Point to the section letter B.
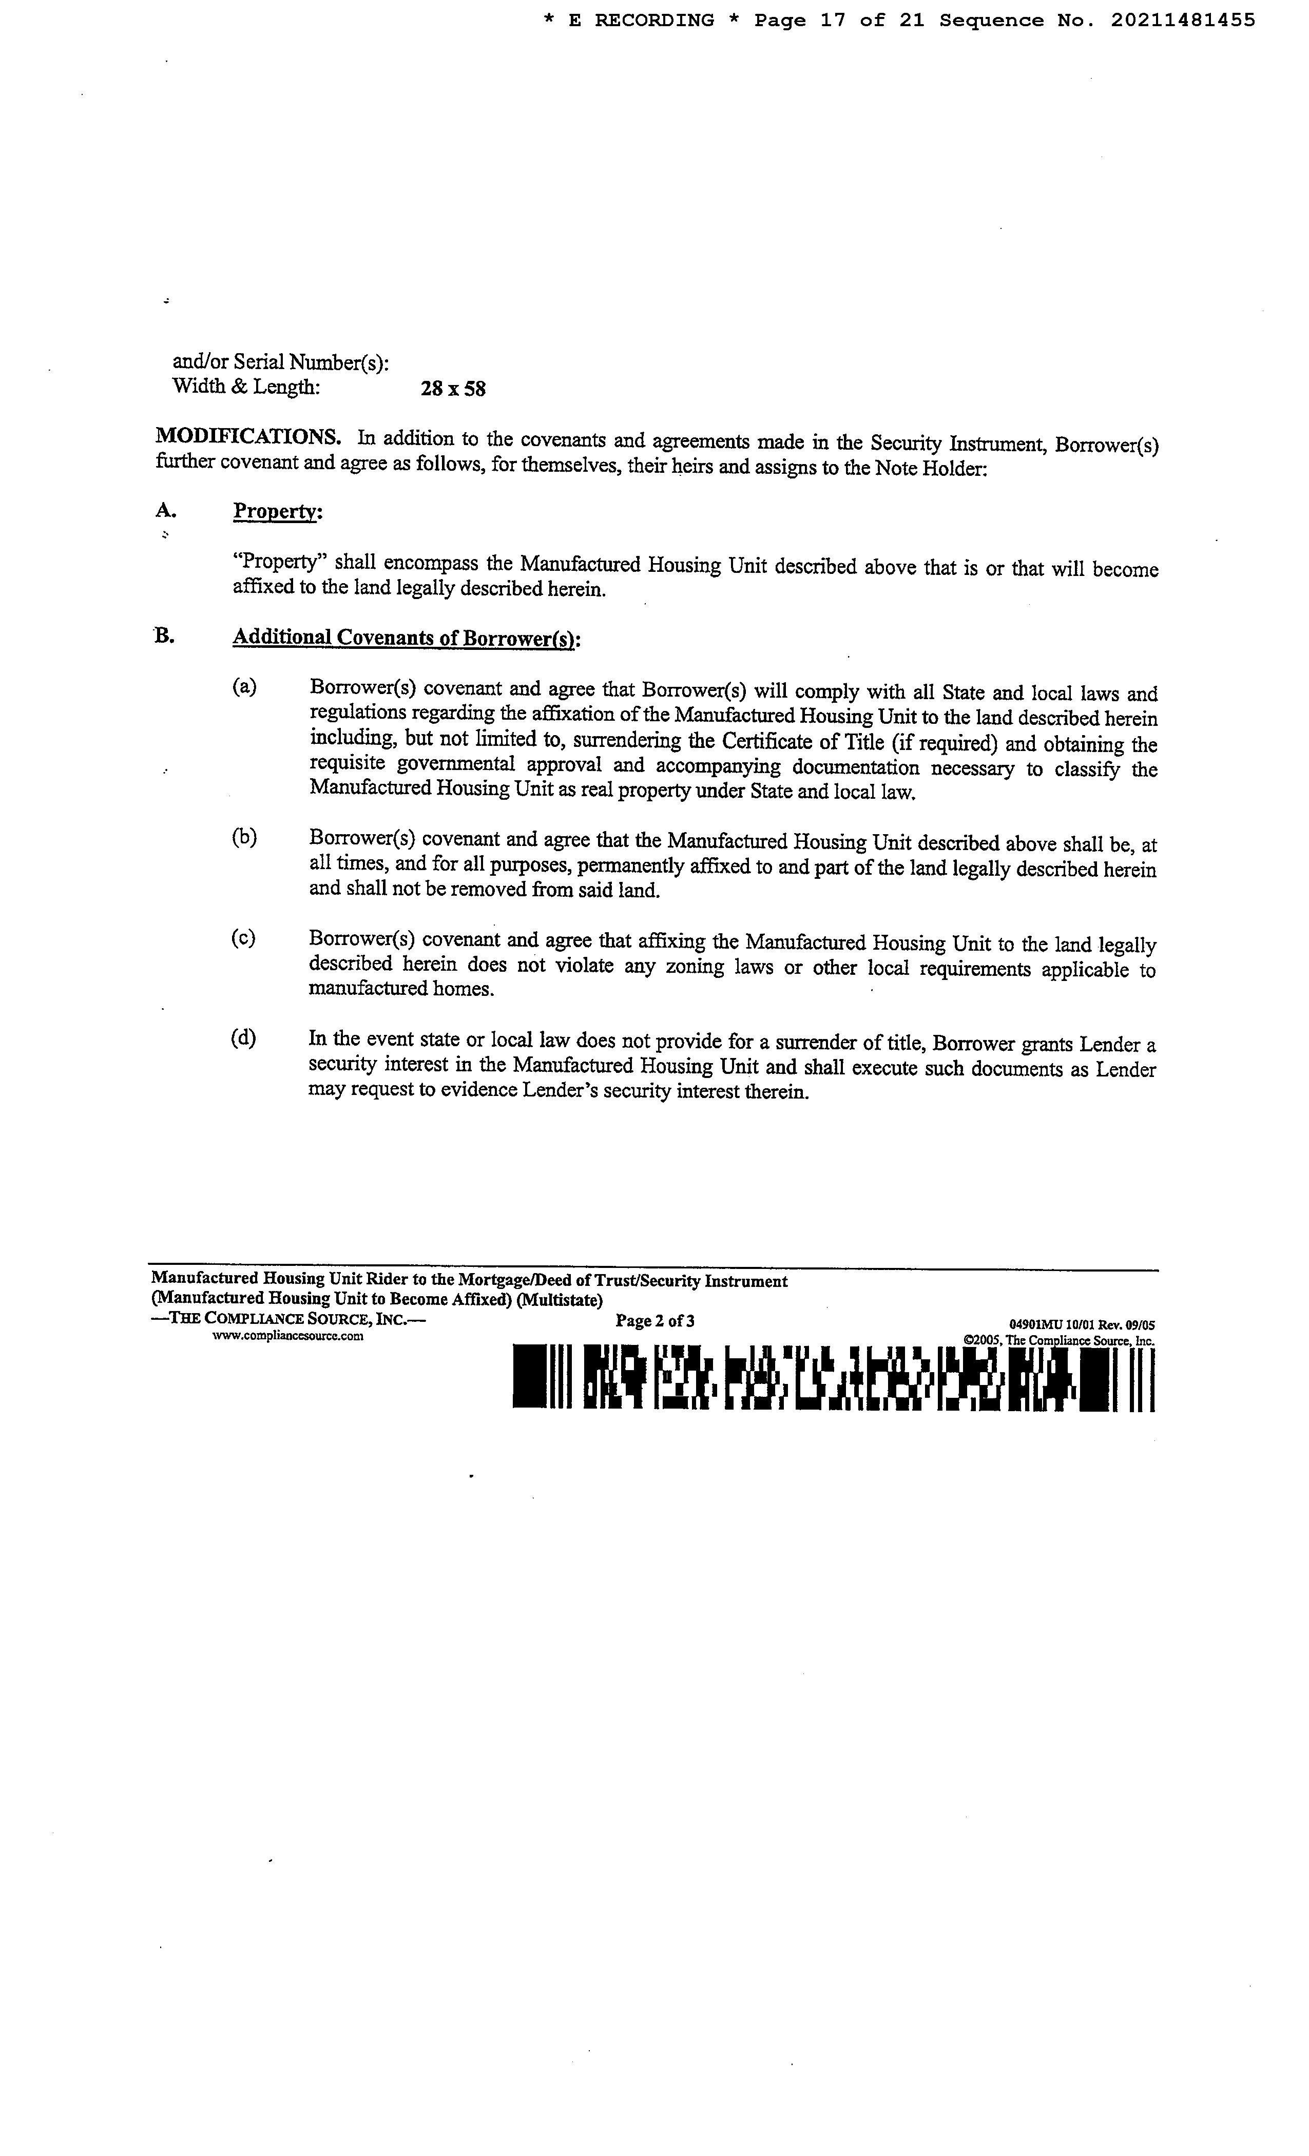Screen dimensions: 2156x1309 (x=164, y=636)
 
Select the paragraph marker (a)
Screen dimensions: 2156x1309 (x=244, y=687)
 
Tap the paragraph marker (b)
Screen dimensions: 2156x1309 (x=244, y=837)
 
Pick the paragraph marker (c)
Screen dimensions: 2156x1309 (x=243, y=938)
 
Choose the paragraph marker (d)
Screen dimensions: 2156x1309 (x=243, y=1038)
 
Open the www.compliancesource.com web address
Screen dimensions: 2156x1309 (x=288, y=1336)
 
